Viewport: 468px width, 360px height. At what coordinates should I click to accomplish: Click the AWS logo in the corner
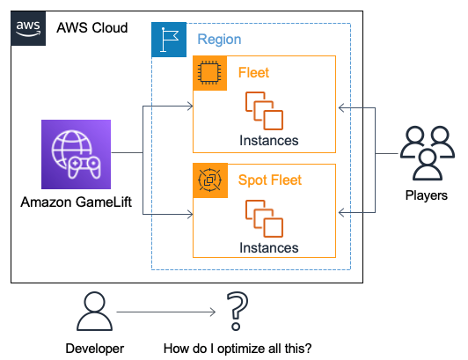pos(28,28)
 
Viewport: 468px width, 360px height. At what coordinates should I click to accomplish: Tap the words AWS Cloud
pos(91,28)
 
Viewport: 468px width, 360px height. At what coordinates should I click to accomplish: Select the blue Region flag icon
pos(169,40)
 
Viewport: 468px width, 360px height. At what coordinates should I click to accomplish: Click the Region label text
pos(219,40)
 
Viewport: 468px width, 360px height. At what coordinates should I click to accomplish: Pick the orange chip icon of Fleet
pos(210,73)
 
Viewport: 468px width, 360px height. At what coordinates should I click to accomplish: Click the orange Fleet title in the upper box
pos(253,72)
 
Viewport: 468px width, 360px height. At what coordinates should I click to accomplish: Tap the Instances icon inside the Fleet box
pos(264,111)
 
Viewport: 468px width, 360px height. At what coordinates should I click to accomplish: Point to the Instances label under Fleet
pos(269,141)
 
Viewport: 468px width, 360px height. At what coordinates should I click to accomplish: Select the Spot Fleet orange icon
pos(210,180)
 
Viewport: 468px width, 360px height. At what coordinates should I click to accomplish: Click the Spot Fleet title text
pos(270,180)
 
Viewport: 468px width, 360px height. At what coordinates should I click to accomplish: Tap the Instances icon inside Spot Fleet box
pos(264,218)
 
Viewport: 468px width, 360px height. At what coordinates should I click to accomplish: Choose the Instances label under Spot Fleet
pos(269,248)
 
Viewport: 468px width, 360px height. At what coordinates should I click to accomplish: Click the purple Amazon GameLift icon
pos(77,154)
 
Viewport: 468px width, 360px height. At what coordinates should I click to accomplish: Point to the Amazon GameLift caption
pos(77,202)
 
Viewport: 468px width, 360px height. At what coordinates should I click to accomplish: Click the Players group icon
pos(428,153)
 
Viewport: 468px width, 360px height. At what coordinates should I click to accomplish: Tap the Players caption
pos(427,195)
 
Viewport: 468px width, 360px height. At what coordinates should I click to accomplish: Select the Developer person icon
pos(95,312)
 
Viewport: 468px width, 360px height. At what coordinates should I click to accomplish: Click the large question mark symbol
pos(238,311)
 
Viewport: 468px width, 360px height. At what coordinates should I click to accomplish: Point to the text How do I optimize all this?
pos(238,349)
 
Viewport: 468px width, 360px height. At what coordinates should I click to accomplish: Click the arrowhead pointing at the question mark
pos(213,312)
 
